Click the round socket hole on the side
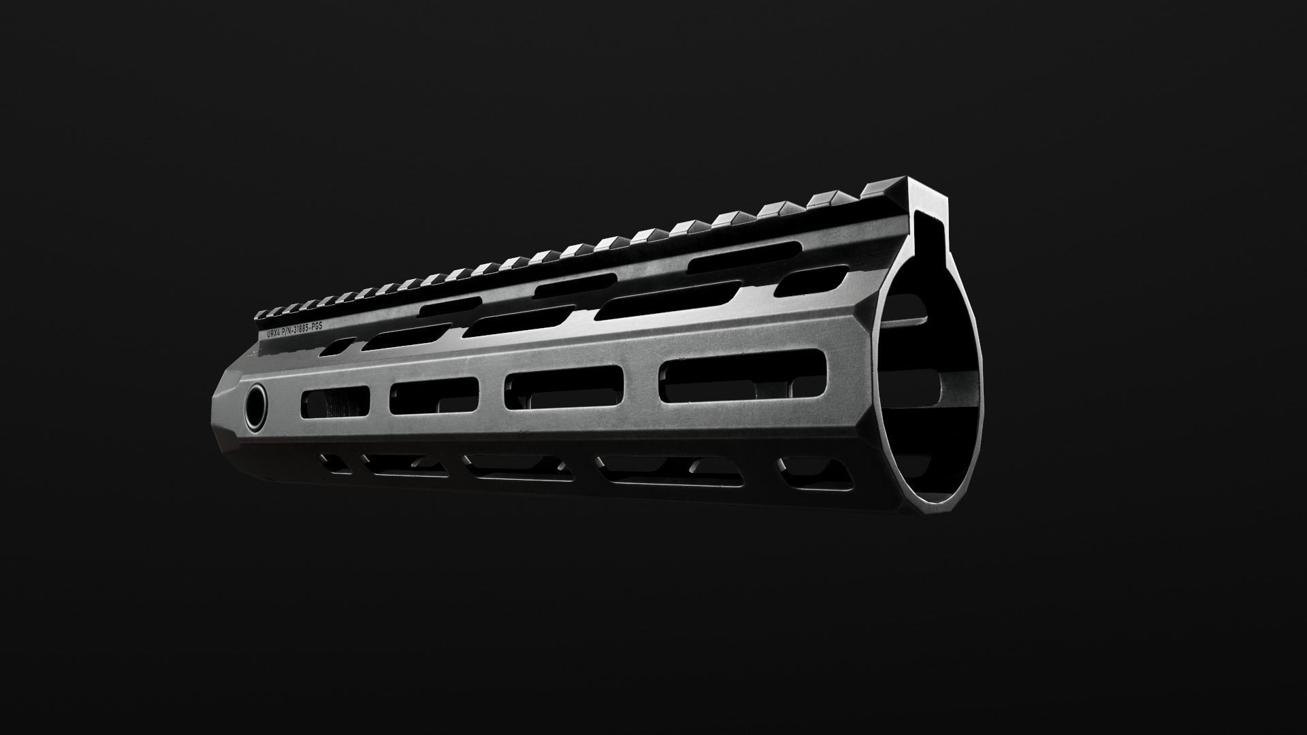point(257,408)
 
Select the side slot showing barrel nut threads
point(334,402)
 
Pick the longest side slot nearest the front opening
point(746,378)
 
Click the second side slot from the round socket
point(434,395)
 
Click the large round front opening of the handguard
point(929,388)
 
